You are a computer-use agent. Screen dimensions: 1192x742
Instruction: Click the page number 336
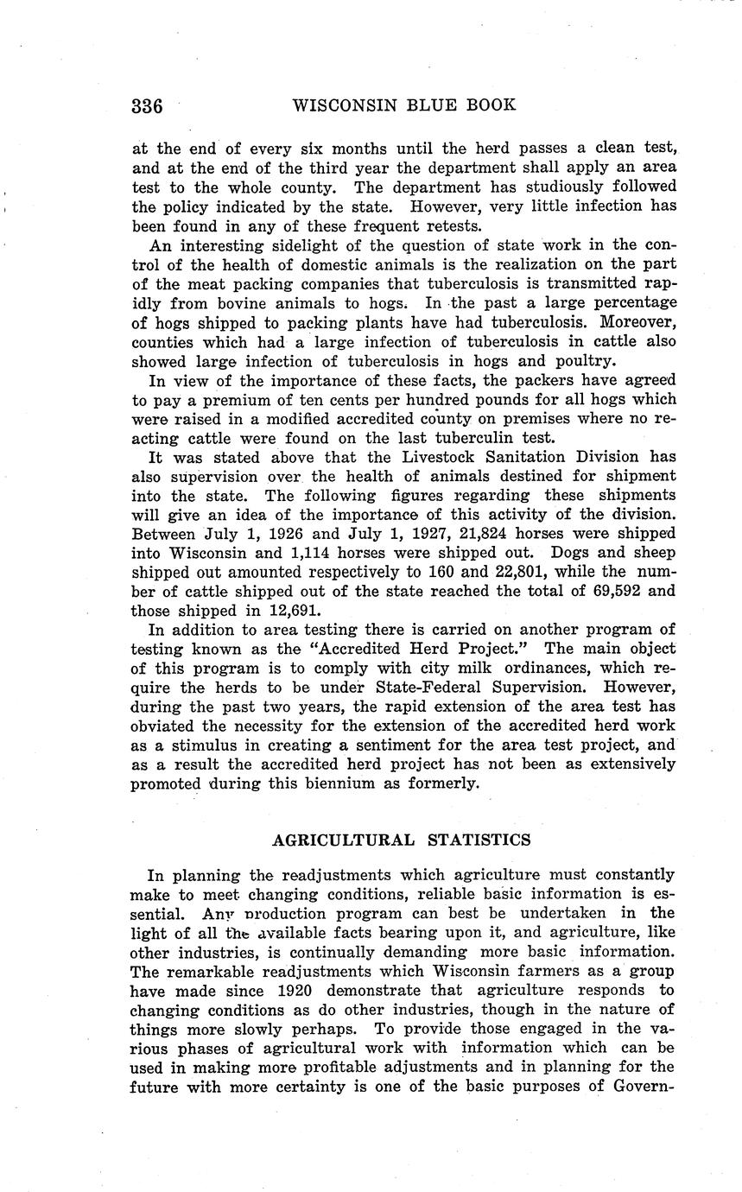(147, 106)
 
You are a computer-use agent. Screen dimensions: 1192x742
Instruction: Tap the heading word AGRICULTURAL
(339, 839)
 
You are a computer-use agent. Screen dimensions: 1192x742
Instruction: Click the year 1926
(287, 533)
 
